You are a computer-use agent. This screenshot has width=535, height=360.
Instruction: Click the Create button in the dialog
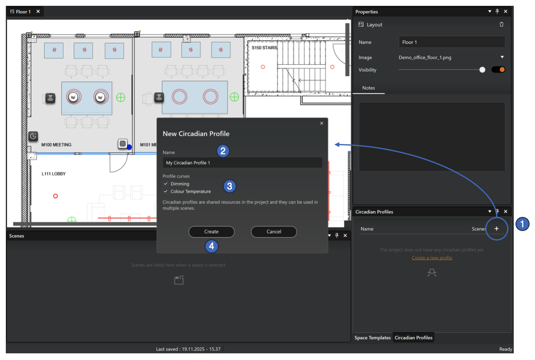(x=211, y=232)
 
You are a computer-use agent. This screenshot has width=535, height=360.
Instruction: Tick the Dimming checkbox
(x=166, y=184)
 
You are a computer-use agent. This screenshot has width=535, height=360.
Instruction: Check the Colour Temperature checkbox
(x=166, y=192)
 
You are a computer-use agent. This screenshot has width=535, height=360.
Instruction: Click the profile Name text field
(x=242, y=163)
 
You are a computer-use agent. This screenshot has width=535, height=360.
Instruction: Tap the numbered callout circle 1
(x=522, y=224)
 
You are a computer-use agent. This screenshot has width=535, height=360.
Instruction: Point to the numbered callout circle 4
(x=212, y=246)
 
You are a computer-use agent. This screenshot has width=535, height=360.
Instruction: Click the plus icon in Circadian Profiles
(x=496, y=229)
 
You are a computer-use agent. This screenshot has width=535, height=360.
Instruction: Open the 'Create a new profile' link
(x=432, y=258)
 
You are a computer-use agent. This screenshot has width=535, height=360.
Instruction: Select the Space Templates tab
(x=372, y=338)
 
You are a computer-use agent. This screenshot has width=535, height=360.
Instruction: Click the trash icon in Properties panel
(x=501, y=24)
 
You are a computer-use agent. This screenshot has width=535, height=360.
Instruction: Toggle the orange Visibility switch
(x=498, y=70)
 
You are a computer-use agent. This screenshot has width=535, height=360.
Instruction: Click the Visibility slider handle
(x=482, y=70)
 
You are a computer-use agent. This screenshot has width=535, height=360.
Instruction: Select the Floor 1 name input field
(x=452, y=42)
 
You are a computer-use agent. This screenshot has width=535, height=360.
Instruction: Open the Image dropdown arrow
(x=502, y=57)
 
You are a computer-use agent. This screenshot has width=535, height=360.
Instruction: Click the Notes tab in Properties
(x=369, y=88)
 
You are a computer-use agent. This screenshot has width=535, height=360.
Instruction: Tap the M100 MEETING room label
(x=56, y=145)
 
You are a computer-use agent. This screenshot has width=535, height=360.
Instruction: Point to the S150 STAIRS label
(x=264, y=48)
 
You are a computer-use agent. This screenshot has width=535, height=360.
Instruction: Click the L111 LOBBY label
(x=54, y=174)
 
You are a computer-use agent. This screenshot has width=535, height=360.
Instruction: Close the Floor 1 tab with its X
(x=38, y=12)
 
